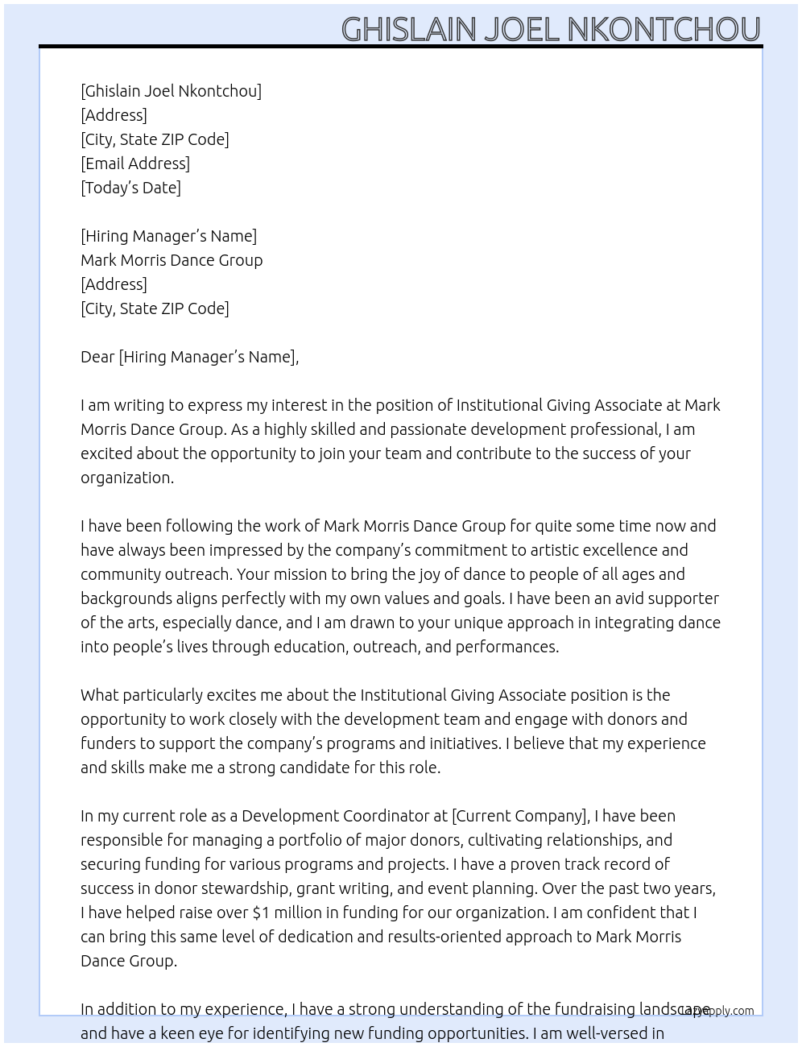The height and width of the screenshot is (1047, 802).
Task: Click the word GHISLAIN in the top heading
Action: pos(409,30)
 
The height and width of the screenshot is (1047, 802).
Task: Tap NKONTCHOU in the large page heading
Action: pos(664,30)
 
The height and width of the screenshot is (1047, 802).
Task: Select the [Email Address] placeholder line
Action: pos(135,163)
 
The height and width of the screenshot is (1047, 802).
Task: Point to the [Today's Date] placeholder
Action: pos(130,188)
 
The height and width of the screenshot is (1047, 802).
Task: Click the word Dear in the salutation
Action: pos(97,357)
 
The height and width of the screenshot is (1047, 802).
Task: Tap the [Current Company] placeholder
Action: pos(520,816)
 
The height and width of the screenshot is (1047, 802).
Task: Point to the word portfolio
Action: pos(310,840)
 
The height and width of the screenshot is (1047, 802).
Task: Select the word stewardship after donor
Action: pos(243,888)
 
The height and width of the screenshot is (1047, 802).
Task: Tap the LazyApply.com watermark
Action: pos(717,1011)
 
